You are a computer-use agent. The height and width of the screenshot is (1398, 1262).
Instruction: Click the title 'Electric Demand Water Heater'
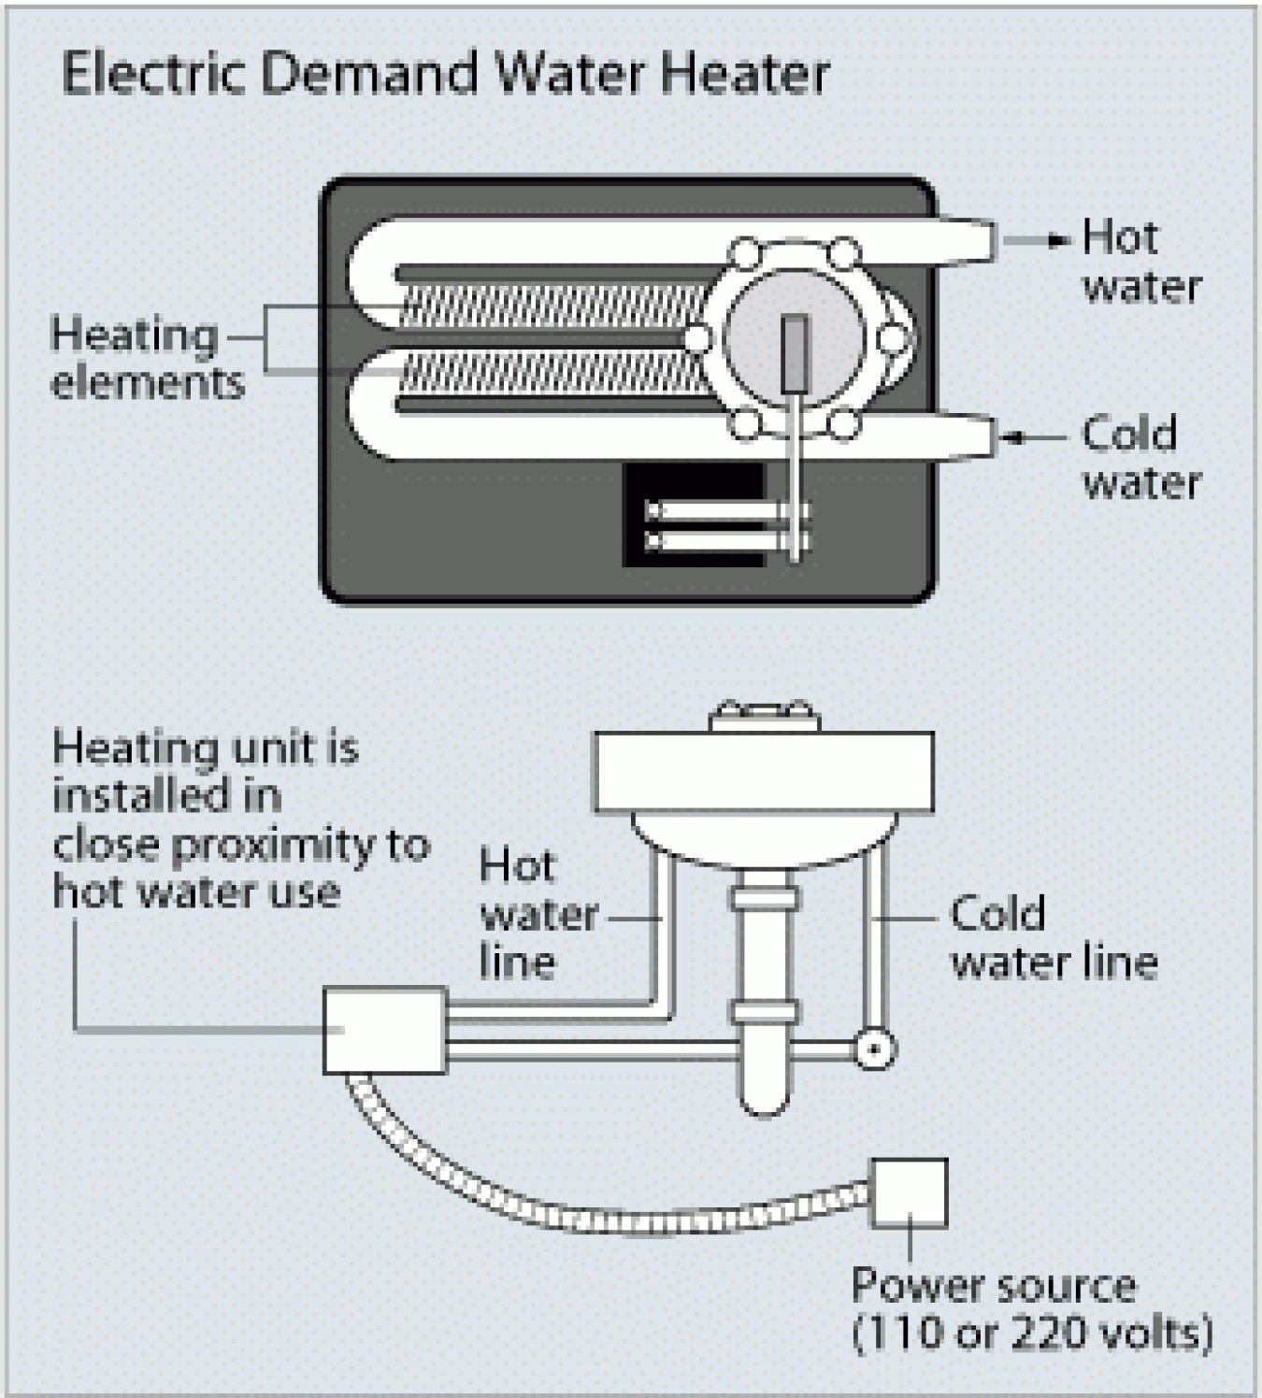(x=445, y=73)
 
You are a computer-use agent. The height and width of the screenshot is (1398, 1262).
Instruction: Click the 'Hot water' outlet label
(x=1140, y=262)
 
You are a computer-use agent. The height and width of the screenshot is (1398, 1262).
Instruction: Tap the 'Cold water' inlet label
(x=1140, y=458)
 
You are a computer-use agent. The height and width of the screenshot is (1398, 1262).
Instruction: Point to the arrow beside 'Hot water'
(x=1056, y=241)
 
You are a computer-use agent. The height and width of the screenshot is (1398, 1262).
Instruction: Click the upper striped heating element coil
(x=552, y=305)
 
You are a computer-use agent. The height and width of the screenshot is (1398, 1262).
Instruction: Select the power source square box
(x=909, y=1193)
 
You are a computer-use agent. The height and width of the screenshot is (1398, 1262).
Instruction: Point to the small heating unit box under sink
(x=384, y=1030)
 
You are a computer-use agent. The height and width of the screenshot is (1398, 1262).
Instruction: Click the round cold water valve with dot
(x=874, y=1048)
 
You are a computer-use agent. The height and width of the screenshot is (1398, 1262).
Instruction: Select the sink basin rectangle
(x=763, y=772)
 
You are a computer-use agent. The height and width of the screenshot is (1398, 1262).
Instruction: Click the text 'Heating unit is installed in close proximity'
(x=238, y=819)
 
